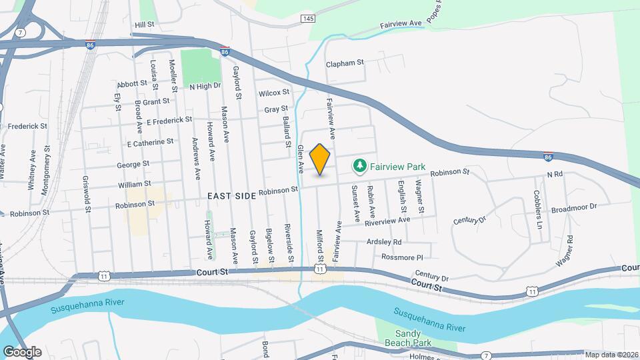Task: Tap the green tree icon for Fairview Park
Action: click(x=359, y=164)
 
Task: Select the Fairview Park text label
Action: click(x=399, y=164)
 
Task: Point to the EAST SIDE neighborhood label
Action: click(x=231, y=195)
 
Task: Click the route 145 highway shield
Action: click(x=308, y=18)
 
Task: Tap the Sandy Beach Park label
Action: click(x=413, y=338)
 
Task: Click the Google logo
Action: click(x=22, y=351)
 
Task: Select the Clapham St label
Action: click(x=345, y=63)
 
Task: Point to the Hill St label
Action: click(x=144, y=24)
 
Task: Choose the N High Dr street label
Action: click(x=205, y=86)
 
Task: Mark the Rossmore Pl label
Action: click(x=402, y=257)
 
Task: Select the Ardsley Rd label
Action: click(x=383, y=241)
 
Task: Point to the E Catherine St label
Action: click(x=150, y=142)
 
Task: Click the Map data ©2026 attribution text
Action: click(x=611, y=355)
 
